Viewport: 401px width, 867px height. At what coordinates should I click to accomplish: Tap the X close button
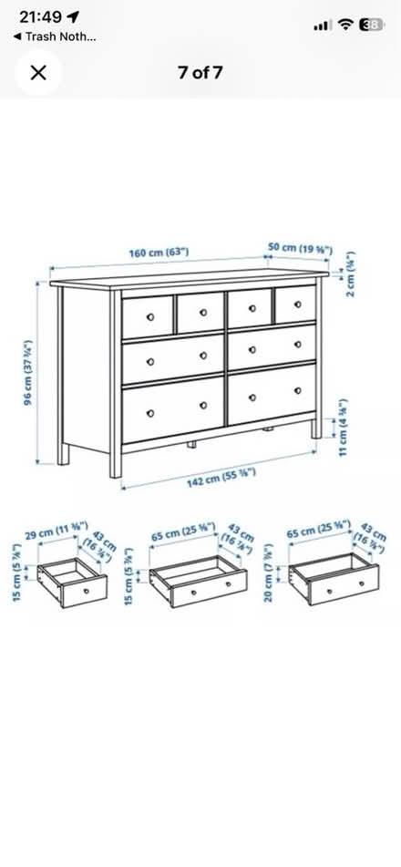coord(38,73)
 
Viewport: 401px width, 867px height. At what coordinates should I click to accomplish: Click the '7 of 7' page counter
coord(200,73)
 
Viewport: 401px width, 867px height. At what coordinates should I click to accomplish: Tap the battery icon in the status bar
coord(371,25)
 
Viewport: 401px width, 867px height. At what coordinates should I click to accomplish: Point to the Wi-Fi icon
coord(344,25)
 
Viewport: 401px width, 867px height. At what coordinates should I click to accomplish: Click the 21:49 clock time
coord(40,17)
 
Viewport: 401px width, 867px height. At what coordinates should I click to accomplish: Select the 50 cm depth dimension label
coord(299,248)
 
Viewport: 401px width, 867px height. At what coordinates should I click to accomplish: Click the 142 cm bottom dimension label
coord(221,480)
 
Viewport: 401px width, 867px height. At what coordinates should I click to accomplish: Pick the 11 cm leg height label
coord(344,428)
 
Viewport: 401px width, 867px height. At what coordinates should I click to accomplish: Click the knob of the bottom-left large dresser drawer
coord(150,414)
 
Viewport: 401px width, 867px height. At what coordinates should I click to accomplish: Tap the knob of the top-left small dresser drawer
coord(149,318)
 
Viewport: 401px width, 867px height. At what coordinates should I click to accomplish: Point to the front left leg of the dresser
coord(116,460)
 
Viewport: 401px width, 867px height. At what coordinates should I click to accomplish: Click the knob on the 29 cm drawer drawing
coord(87,591)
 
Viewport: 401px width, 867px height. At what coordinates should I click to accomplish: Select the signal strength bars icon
coord(320,26)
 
